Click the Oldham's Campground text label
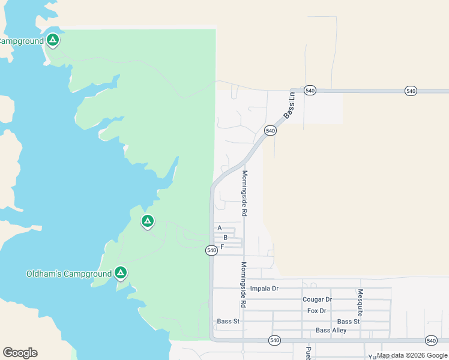point(68,274)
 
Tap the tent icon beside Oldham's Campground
point(121,273)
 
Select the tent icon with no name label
point(147,221)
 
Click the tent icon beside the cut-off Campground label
point(53,40)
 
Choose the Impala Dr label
point(265,289)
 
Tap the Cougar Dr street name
point(317,299)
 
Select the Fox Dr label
point(316,311)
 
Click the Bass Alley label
point(331,331)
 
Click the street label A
point(220,228)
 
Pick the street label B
point(225,238)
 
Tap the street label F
point(222,247)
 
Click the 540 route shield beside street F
point(211,250)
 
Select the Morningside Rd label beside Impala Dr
point(244,284)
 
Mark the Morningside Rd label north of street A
point(244,193)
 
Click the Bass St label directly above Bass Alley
point(348,322)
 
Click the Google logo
point(20,353)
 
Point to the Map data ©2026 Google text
point(412,356)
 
